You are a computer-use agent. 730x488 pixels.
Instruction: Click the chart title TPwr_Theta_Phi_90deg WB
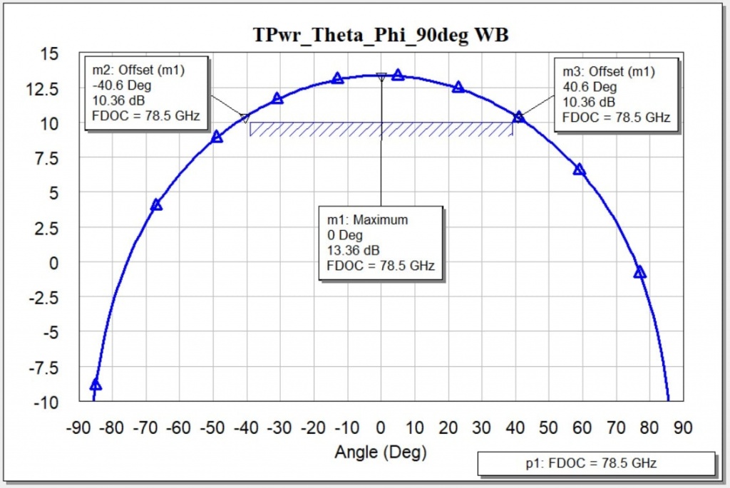381,34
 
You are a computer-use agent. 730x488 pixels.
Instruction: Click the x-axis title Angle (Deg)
381,451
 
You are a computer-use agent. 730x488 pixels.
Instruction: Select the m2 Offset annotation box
146,93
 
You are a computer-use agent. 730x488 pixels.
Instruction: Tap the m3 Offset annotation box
615,93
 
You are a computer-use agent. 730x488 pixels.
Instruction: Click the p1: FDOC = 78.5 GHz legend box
596,463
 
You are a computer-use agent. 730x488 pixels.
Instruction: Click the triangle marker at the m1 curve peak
381,76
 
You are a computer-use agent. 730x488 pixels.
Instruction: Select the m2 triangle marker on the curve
245,118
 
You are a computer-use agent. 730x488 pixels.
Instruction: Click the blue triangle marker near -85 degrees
96,385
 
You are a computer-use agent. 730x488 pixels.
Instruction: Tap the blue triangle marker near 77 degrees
639,272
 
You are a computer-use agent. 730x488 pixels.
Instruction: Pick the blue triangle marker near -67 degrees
156,205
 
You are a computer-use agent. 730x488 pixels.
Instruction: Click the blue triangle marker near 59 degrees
579,170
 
